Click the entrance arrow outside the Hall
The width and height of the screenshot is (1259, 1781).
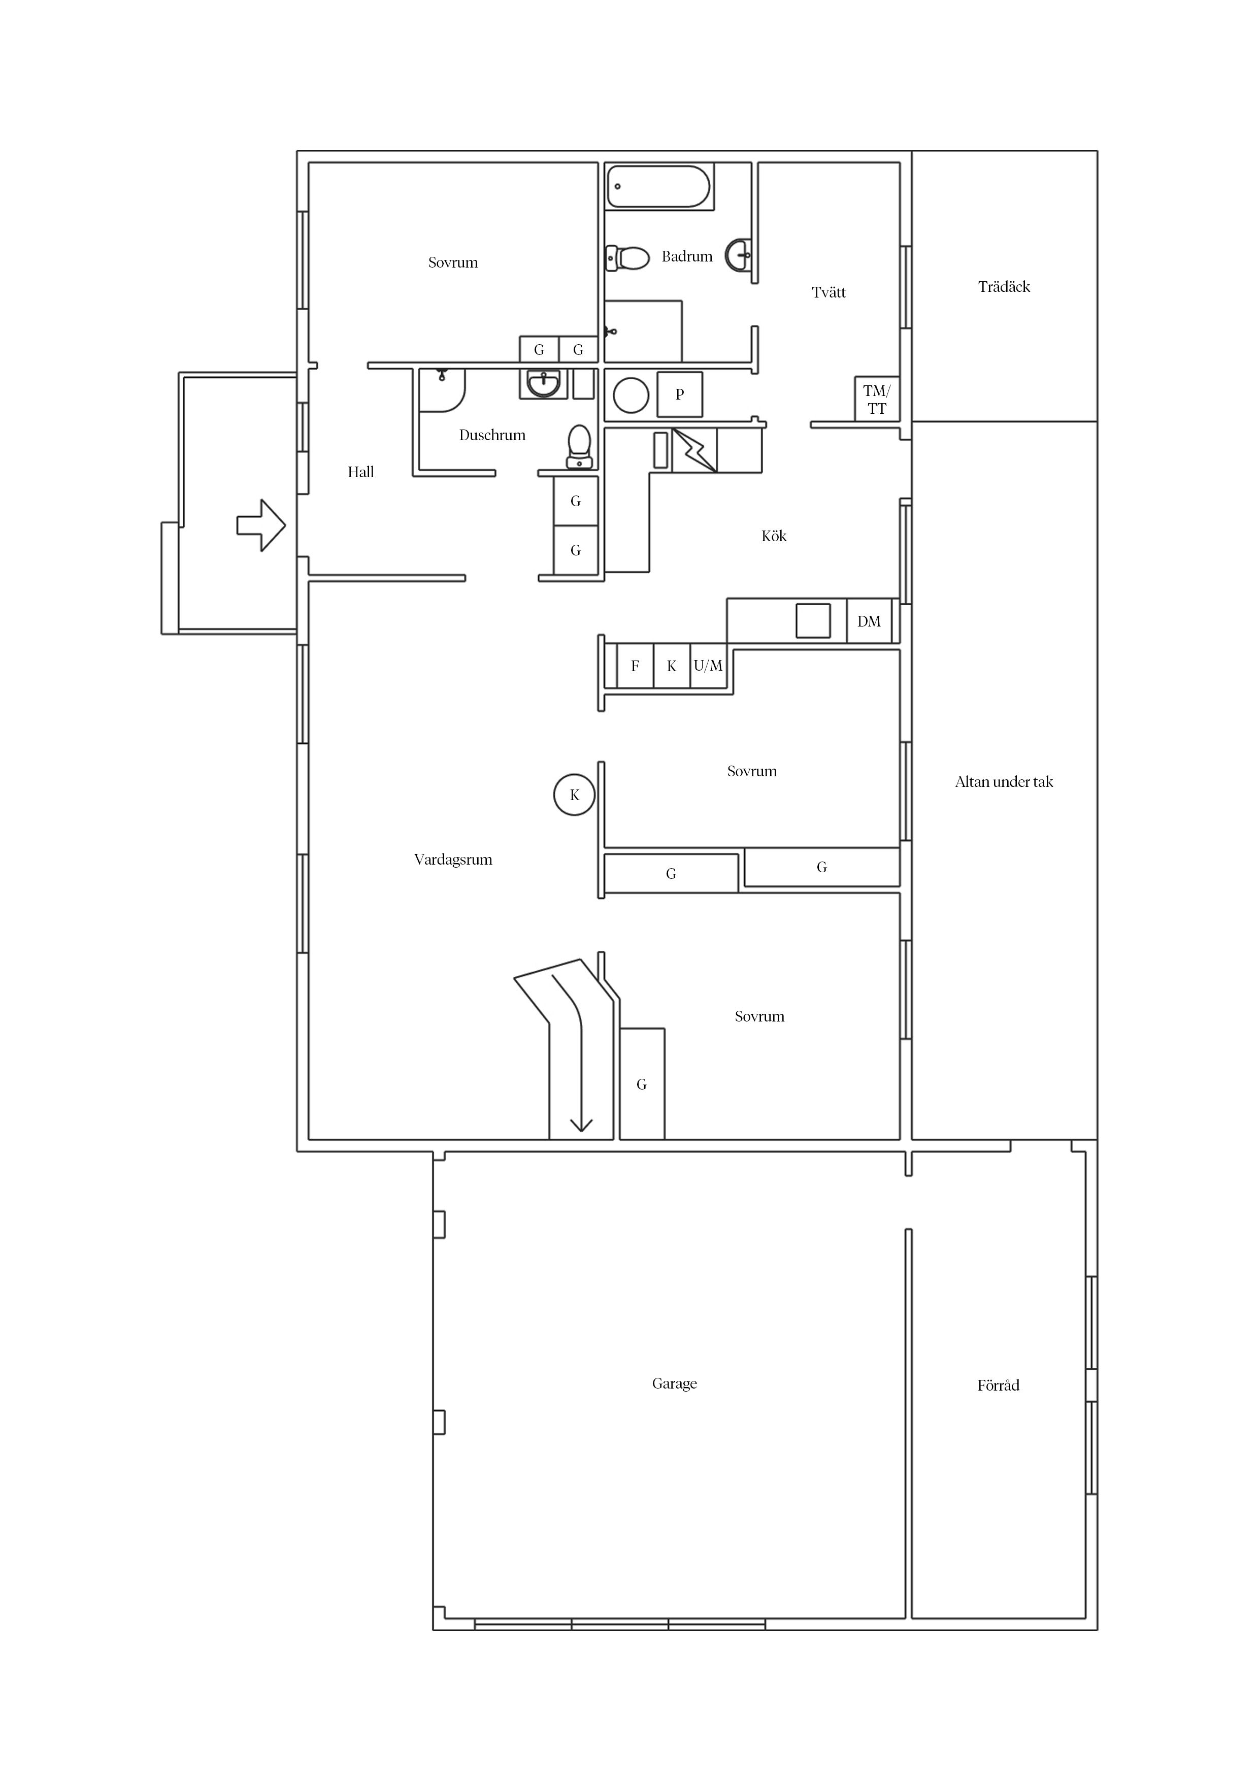260,525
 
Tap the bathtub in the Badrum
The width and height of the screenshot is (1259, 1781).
658,186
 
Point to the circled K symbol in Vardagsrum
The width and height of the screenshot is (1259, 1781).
574,795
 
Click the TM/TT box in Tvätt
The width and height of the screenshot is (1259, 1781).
877,400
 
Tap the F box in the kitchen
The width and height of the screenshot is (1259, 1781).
635,666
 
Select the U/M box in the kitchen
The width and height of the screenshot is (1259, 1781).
708,666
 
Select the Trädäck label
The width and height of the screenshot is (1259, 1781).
1004,286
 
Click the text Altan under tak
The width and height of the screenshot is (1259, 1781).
1004,781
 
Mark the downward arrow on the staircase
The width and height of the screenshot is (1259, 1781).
581,1124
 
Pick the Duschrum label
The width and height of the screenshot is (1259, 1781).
492,435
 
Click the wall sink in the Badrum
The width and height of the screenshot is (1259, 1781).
739,254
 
